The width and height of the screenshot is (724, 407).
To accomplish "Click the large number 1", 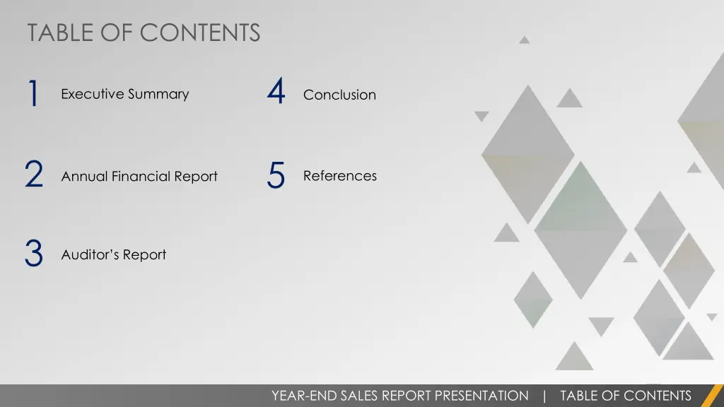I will [x=33, y=94].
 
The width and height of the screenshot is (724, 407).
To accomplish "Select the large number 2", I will [x=33, y=175].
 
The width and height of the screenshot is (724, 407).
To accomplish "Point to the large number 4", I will [x=276, y=93].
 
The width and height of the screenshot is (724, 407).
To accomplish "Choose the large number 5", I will [x=276, y=175].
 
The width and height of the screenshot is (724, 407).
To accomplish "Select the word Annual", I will [x=84, y=177].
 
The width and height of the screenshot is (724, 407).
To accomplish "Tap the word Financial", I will [x=141, y=177].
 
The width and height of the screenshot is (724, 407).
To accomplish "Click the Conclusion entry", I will [x=339, y=95].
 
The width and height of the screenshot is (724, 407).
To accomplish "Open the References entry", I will [x=339, y=176].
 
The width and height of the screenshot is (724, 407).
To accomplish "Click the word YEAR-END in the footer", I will [x=304, y=396].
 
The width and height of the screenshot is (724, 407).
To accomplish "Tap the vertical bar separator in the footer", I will [x=544, y=396].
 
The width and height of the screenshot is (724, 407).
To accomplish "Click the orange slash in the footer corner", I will [x=712, y=396].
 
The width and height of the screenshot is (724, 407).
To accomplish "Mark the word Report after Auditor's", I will [x=144, y=254].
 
